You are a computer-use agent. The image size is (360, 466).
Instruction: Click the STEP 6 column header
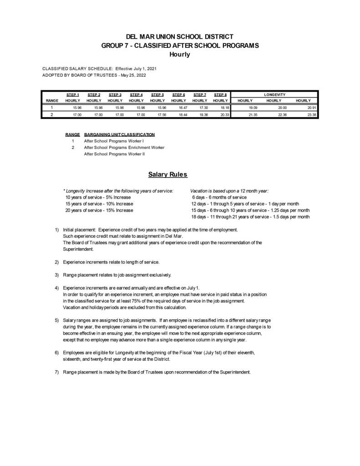(x=178, y=94)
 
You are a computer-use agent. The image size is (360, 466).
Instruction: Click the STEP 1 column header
(x=73, y=94)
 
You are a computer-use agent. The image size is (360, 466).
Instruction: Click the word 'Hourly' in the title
(x=179, y=54)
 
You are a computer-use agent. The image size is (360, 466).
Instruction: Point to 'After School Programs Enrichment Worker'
(x=124, y=148)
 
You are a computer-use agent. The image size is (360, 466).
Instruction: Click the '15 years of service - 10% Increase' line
(x=99, y=204)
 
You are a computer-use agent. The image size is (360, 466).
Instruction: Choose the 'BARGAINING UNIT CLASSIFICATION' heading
(x=119, y=134)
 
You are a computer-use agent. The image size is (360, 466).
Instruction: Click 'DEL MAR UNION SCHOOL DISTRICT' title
(x=179, y=36)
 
